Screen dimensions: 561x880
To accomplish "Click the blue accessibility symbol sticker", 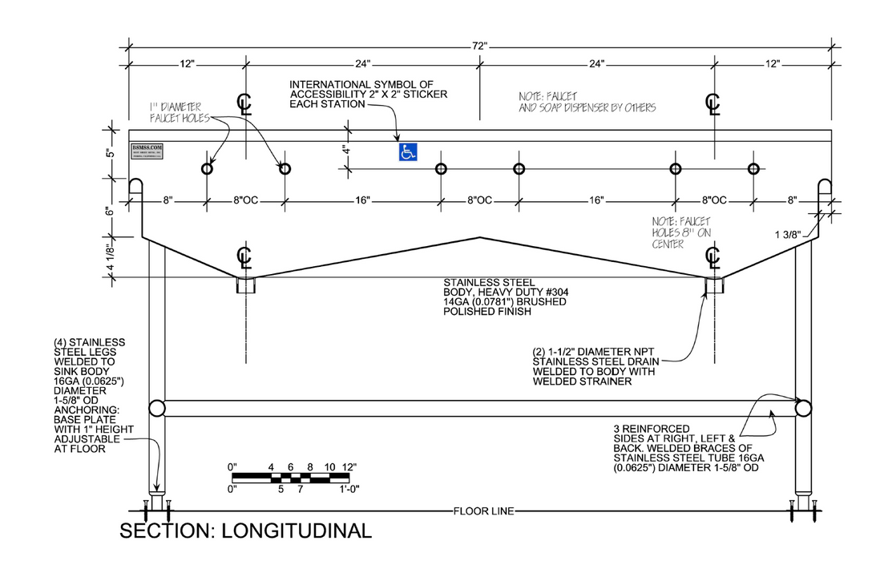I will [408, 151].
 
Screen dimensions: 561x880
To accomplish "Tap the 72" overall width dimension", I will [479, 46].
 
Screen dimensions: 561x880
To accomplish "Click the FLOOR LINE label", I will [479, 511].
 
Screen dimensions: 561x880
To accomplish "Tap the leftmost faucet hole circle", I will [208, 168].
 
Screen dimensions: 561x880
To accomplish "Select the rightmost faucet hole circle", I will [753, 168].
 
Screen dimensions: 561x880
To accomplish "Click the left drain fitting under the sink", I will [245, 285].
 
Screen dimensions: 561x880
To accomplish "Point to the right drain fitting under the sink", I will [713, 285].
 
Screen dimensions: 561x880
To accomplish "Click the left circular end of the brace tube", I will [157, 408].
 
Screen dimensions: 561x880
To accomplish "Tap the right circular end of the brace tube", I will [802, 408].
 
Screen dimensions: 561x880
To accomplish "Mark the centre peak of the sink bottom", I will [479, 237].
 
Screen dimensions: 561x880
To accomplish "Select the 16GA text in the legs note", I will [67, 382].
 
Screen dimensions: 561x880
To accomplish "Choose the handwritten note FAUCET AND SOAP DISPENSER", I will [587, 102].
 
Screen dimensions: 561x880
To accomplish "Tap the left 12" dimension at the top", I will [187, 63].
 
